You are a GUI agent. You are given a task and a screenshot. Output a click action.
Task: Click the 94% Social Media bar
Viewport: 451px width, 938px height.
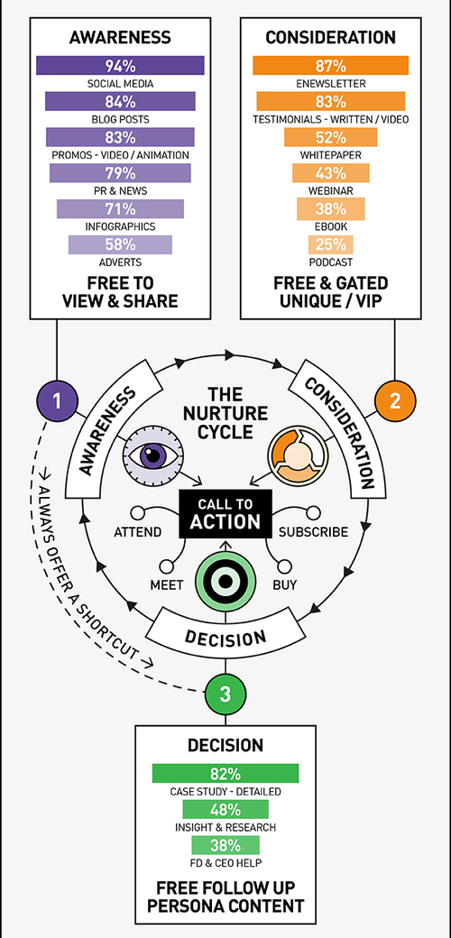[120, 65]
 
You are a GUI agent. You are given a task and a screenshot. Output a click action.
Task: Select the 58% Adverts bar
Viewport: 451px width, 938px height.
[120, 244]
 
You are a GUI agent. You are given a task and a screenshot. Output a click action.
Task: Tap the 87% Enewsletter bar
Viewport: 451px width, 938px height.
[331, 65]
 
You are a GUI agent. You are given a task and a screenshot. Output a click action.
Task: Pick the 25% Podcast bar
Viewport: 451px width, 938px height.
[331, 244]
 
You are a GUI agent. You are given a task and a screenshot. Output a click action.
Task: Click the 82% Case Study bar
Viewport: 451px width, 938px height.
[225, 773]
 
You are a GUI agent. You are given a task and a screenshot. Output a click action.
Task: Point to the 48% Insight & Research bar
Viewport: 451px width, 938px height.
[225, 809]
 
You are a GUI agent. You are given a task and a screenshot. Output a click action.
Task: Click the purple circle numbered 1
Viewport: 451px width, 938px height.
[58, 401]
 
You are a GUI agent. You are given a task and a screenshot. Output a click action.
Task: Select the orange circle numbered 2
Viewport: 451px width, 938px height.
[395, 401]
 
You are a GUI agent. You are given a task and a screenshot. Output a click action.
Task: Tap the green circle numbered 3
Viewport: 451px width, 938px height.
[225, 694]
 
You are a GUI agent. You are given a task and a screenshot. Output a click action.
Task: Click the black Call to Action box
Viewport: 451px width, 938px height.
[225, 513]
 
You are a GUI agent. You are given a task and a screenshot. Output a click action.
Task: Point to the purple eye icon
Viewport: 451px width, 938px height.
[153, 455]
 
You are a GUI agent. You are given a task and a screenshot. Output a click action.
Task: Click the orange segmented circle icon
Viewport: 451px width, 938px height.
[298, 455]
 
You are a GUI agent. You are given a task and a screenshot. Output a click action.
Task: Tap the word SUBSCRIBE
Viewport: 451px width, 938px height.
[313, 532]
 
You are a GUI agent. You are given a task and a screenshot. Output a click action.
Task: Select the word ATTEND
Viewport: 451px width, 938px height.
[138, 532]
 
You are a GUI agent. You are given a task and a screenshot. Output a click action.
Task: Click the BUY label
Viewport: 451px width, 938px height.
[285, 585]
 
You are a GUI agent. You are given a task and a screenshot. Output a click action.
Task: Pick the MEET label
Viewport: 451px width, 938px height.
[167, 585]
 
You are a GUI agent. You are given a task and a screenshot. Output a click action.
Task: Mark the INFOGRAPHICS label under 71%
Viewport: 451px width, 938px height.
[120, 226]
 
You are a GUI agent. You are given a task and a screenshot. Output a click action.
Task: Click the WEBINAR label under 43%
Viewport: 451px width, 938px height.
[331, 191]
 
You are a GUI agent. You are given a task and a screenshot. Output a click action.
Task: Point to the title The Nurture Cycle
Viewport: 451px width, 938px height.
[225, 413]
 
